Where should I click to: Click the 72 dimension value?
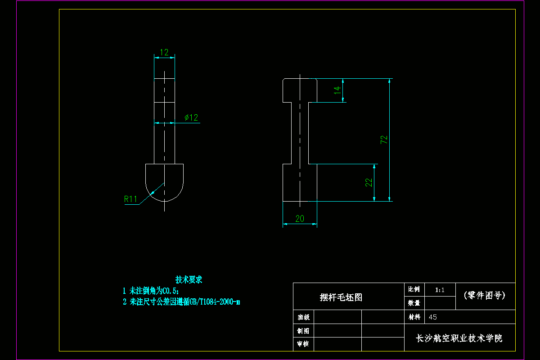tap(384, 139)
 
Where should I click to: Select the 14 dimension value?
tap(337, 90)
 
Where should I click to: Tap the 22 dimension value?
tap(369, 182)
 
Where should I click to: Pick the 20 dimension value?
tap(300, 219)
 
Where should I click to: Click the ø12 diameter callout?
tap(191, 117)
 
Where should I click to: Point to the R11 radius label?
tap(130, 199)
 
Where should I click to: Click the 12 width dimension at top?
tap(164, 52)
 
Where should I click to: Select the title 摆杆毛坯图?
tap(341, 297)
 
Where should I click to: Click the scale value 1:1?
tap(440, 290)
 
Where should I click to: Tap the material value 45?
tap(432, 317)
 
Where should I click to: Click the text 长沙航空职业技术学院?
tap(459, 338)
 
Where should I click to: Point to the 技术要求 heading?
tap(189, 279)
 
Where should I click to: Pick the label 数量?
tap(414, 303)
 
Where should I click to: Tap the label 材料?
tap(414, 317)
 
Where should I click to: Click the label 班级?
tap(303, 317)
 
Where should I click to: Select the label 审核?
tap(303, 344)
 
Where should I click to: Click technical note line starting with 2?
tap(181, 302)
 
